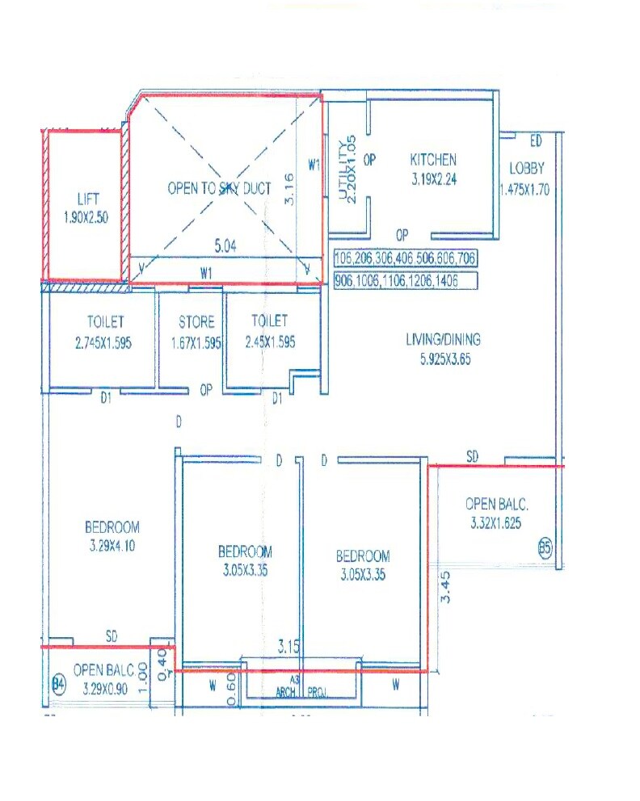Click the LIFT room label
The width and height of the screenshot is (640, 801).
(86, 198)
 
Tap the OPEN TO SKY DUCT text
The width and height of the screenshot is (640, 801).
(219, 188)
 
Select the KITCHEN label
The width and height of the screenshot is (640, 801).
(433, 160)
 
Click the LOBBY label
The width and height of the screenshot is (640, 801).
(527, 169)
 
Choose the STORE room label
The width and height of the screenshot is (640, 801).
(196, 322)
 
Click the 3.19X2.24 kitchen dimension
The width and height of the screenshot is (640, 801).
(433, 180)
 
